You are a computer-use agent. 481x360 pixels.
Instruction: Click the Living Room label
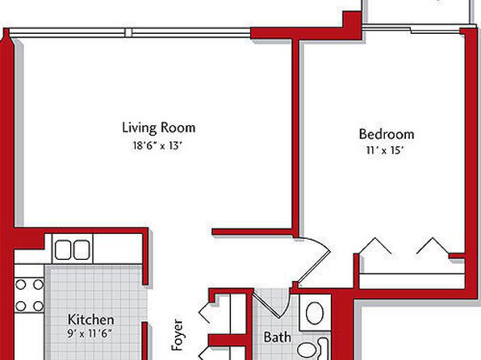click(159, 128)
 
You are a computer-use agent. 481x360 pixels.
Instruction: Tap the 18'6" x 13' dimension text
click(157, 145)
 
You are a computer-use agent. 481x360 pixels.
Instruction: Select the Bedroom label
click(387, 134)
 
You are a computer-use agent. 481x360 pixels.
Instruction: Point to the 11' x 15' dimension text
click(385, 150)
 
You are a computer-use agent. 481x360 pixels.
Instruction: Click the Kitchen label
click(91, 320)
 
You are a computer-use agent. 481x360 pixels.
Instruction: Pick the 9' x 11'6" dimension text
click(90, 333)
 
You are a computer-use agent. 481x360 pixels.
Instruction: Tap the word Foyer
click(177, 335)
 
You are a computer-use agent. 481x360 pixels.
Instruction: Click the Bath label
click(278, 337)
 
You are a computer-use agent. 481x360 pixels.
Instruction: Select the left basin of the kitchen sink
click(63, 249)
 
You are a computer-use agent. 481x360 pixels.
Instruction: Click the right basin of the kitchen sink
click(82, 249)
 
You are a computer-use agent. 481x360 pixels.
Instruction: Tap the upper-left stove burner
click(20, 284)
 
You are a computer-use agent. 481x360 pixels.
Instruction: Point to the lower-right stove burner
click(39, 306)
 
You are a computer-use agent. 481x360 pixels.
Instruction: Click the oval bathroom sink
click(315, 313)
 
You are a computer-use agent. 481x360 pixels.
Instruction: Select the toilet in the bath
click(313, 349)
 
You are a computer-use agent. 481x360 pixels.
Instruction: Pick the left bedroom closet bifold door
click(374, 245)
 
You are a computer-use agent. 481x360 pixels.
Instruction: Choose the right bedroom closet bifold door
click(433, 245)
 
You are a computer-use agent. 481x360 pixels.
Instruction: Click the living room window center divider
click(129, 32)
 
